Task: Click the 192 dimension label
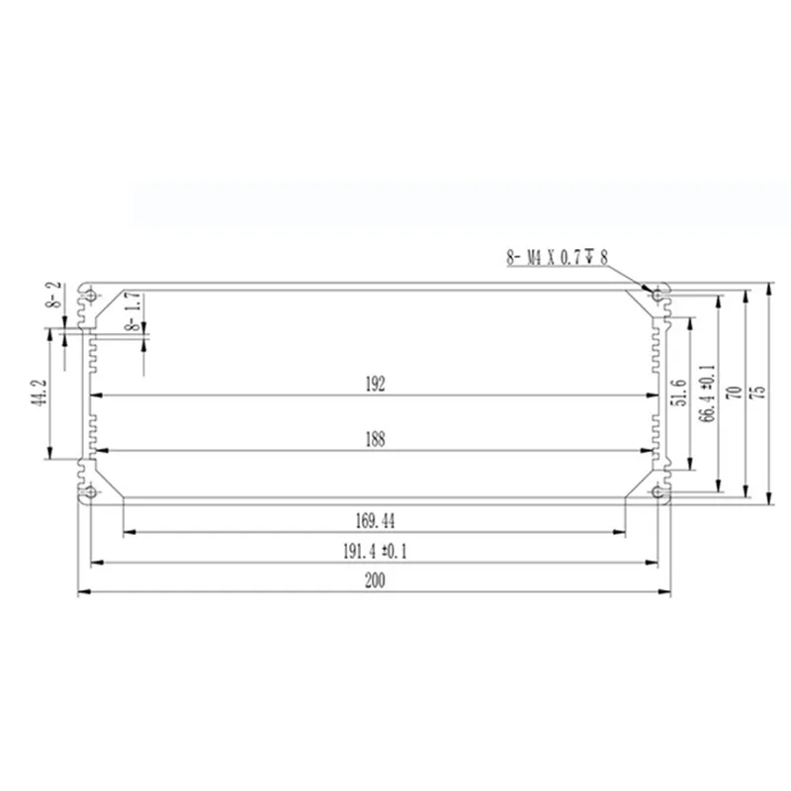point(375,384)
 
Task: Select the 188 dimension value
point(375,439)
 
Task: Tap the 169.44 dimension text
point(375,521)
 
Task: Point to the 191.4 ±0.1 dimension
point(375,551)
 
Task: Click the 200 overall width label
point(375,580)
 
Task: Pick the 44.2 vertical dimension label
point(41,393)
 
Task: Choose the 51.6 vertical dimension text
point(680,393)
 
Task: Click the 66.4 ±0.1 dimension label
point(708,393)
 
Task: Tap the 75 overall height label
point(758,393)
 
